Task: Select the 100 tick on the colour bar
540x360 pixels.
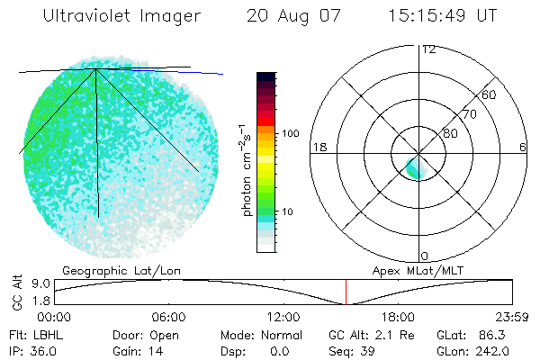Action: coord(291,133)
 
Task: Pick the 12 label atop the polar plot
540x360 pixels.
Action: coord(428,49)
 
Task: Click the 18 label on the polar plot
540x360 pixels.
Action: coord(318,147)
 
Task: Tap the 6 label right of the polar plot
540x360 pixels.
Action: coord(523,147)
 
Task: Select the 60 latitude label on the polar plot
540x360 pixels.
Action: coord(490,94)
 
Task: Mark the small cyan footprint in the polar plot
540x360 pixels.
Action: coord(415,166)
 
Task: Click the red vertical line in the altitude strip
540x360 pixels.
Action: coord(346,292)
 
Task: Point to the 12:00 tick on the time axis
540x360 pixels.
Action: coord(283,317)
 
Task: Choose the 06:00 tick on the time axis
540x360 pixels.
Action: coord(168,317)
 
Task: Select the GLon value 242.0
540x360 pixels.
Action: coord(493,351)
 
